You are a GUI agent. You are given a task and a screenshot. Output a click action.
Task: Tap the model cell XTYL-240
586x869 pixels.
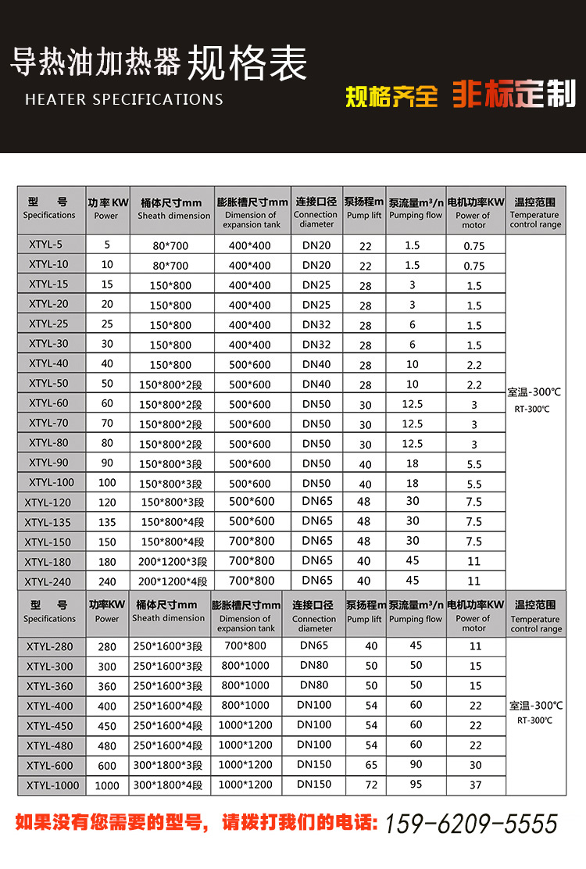[x=48, y=581]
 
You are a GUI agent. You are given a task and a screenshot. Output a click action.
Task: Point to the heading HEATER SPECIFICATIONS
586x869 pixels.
[x=124, y=99]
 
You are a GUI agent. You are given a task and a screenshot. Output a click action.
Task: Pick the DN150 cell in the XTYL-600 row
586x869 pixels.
[x=315, y=764]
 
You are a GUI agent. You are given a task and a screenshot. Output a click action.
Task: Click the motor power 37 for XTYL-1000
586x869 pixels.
[x=476, y=785]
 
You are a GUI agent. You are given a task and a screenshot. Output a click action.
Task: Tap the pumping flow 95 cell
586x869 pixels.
[x=416, y=784]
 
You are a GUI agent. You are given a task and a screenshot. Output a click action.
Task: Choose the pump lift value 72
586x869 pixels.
[x=371, y=785]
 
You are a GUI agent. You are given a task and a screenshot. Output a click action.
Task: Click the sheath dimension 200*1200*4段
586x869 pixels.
[x=173, y=581]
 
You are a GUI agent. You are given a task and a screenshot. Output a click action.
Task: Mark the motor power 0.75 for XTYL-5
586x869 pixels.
[x=473, y=245]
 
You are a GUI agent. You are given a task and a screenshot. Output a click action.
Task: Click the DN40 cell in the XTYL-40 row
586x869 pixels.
[x=316, y=364]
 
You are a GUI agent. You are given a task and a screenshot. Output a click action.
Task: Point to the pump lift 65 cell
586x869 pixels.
[x=371, y=765]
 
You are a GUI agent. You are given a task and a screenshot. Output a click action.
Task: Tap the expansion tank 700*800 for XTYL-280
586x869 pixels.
[x=245, y=645]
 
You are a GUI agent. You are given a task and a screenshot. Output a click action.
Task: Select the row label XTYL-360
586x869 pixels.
[x=49, y=686]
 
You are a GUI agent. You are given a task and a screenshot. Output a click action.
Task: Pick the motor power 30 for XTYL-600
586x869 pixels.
[x=476, y=765]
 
